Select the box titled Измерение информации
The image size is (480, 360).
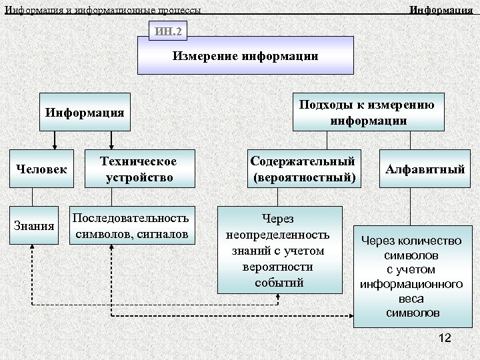[245, 56]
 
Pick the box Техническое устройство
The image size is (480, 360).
[138, 169]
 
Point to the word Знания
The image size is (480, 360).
[33, 225]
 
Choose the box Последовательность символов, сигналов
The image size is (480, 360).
[132, 225]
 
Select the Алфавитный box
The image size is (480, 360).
[425, 169]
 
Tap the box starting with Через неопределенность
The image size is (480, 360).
[279, 250]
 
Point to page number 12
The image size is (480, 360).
[445, 339]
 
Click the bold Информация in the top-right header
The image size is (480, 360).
[441, 10]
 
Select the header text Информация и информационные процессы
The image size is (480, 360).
[102, 10]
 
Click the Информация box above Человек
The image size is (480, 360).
[85, 112]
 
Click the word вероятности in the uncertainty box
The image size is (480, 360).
[279, 267]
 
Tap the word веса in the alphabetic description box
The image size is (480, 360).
[411, 300]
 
